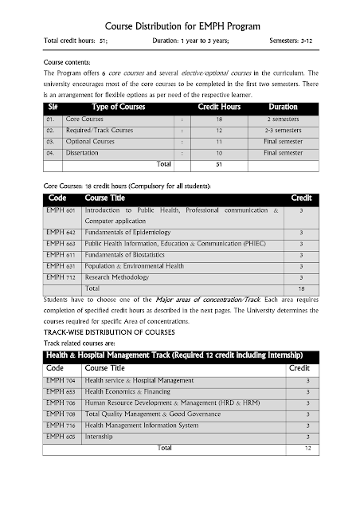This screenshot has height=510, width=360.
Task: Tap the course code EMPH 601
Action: click(x=61, y=210)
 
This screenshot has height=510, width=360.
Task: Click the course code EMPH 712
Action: click(x=61, y=277)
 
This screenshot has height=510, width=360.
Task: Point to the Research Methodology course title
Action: click(x=116, y=277)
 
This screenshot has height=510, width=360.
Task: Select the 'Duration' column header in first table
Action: click(x=284, y=107)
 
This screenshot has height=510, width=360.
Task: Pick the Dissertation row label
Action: click(x=84, y=151)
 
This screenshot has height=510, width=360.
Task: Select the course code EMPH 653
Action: click(x=61, y=392)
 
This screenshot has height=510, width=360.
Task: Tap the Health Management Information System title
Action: click(x=142, y=426)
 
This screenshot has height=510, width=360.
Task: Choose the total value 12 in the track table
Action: click(x=307, y=448)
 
